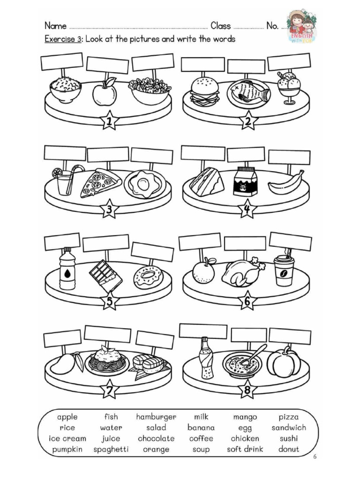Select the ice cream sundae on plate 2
289,87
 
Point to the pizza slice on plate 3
100,182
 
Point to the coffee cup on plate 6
284,270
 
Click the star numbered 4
247,211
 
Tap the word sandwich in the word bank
288,427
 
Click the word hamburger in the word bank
156,417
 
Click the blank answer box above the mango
62,338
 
